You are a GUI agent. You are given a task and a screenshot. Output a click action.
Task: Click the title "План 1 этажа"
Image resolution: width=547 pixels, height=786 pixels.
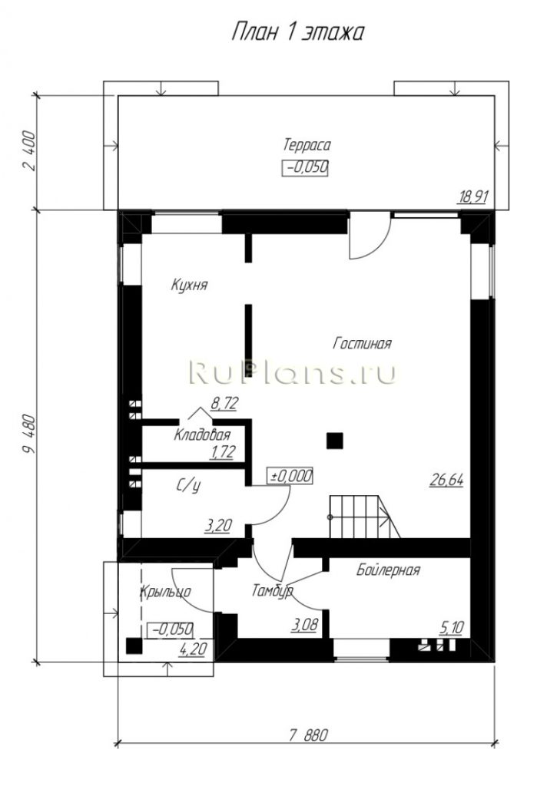pos(297,32)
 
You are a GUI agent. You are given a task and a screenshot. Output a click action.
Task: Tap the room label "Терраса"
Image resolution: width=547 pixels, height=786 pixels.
pos(307,145)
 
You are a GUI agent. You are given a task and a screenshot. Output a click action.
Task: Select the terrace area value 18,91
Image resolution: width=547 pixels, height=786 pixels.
pos(472,197)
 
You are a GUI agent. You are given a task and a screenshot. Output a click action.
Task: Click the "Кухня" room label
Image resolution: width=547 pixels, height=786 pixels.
pos(189,286)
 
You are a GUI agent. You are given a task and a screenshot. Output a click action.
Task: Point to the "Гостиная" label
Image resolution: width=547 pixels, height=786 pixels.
pos(363,344)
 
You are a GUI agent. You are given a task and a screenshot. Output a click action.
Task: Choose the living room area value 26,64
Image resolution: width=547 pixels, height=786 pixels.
pos(446,481)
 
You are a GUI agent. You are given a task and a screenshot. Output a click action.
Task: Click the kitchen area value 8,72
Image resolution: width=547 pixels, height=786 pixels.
pos(224,404)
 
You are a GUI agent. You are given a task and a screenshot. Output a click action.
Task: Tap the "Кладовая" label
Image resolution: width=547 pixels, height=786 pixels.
pos(202,434)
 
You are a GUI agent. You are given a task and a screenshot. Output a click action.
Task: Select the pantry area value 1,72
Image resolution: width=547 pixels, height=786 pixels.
pos(222,452)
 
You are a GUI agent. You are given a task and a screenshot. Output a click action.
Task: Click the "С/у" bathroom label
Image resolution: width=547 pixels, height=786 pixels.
pos(189,485)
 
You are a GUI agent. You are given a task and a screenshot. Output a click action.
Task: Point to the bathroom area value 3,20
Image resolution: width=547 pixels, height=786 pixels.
pos(217,526)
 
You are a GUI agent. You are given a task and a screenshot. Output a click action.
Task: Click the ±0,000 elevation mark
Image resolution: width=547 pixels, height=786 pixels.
pos(292,476)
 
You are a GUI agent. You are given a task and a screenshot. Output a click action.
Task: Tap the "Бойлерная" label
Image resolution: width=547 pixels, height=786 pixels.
pos(389,570)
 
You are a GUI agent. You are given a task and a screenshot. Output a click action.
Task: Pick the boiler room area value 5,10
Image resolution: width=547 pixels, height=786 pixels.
pos(451,628)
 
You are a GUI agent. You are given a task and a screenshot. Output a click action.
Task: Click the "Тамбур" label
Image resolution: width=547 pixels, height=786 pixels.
pos(272,592)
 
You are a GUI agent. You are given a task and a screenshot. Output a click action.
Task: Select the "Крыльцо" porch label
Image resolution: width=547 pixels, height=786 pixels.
pos(166,592)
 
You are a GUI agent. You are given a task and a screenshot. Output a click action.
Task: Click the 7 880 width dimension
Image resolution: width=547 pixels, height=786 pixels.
pos(308,735)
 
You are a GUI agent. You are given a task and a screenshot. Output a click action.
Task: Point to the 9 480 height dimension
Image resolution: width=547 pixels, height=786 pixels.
pos(29,434)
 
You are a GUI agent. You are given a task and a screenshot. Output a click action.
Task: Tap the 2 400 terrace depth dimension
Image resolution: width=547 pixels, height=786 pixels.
pos(29,151)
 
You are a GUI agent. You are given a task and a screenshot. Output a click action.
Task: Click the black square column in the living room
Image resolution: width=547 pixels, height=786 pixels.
pos(335,441)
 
